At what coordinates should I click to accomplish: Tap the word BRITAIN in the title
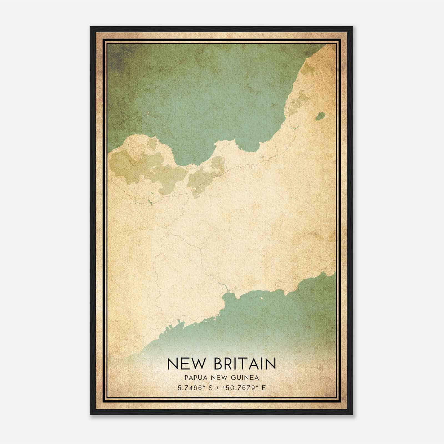(245, 364)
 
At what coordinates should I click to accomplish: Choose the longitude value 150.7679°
(239, 388)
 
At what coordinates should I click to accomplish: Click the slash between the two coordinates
(218, 388)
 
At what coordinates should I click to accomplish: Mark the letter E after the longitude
(264, 388)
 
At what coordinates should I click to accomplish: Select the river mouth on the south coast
(228, 291)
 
